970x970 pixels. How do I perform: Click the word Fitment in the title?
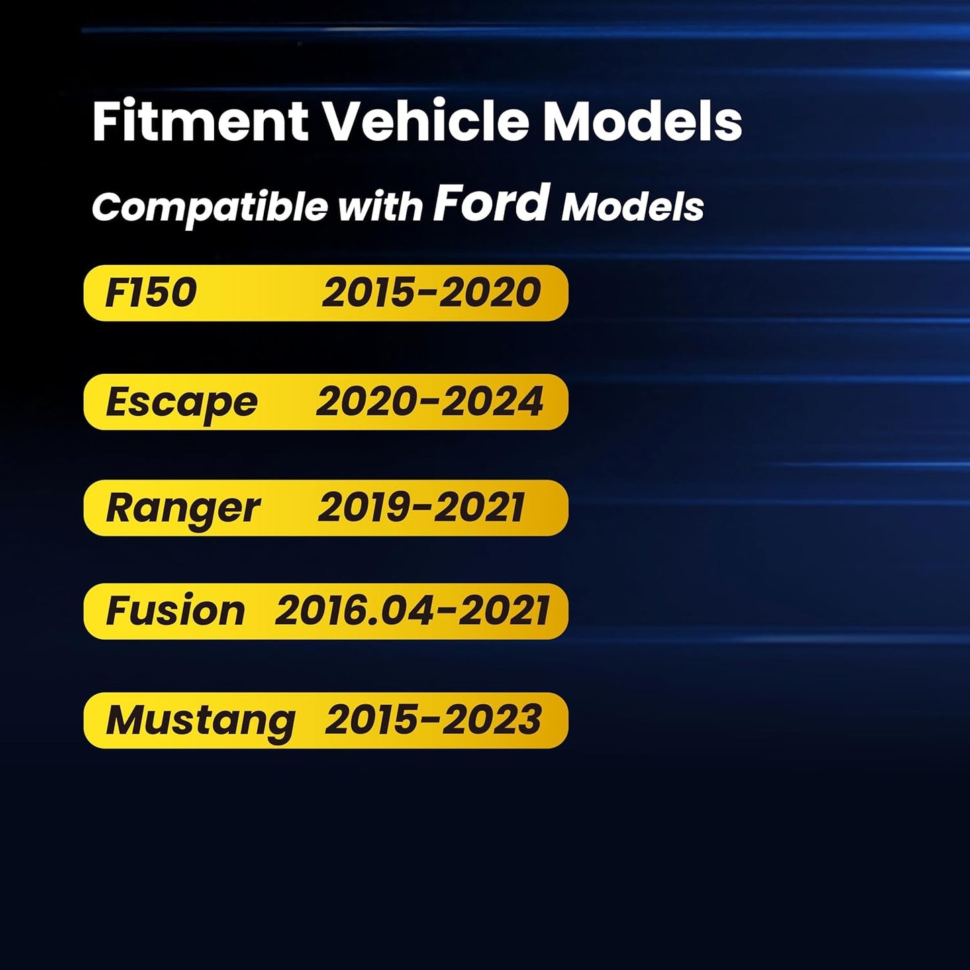(x=200, y=122)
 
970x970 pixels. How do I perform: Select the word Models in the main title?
(x=642, y=122)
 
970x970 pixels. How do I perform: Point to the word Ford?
(x=491, y=202)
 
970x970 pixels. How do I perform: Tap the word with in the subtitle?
(x=381, y=206)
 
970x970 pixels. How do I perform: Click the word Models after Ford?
(x=632, y=207)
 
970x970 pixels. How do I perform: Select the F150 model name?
(x=150, y=293)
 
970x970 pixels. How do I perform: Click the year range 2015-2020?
(x=432, y=293)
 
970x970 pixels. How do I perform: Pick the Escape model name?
(x=182, y=403)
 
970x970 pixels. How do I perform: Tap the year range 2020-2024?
(x=430, y=401)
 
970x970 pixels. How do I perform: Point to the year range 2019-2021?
(x=422, y=507)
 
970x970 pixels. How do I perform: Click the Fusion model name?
(x=175, y=611)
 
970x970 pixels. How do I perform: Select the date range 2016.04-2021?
(x=411, y=611)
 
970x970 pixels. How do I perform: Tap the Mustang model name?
(x=200, y=722)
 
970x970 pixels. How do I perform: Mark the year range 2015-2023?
(x=433, y=720)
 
